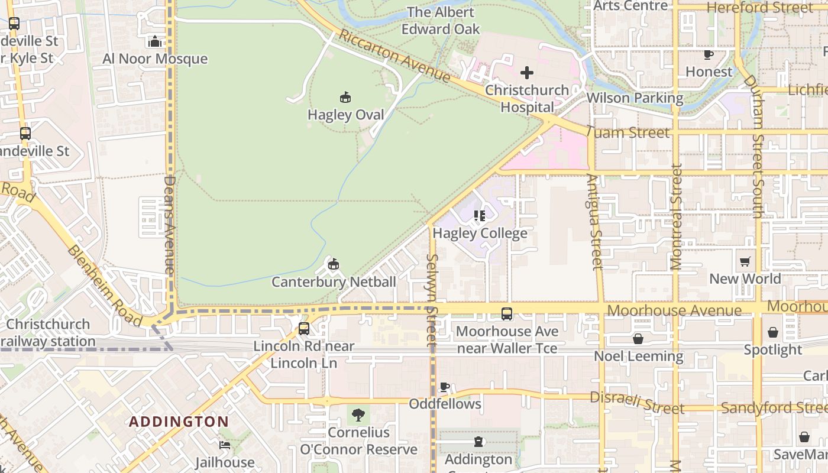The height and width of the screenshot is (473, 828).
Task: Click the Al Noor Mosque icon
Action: tap(155, 41)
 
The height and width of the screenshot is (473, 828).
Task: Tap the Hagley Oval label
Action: tap(346, 115)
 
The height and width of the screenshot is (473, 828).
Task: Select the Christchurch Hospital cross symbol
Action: tap(526, 73)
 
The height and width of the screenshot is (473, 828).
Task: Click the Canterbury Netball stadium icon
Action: tap(334, 264)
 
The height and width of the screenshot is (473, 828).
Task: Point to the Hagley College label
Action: tap(480, 234)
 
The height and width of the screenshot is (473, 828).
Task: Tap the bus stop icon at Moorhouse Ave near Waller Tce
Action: tap(507, 314)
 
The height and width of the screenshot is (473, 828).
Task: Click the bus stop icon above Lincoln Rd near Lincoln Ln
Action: tap(304, 328)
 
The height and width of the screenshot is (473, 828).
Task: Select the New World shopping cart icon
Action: tap(745, 261)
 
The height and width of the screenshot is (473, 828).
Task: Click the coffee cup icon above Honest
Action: tap(708, 54)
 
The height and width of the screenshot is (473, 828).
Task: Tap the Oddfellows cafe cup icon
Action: tap(445, 387)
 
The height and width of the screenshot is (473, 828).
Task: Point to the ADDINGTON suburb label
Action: tap(179, 422)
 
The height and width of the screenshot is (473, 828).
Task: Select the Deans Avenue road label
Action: tap(170, 225)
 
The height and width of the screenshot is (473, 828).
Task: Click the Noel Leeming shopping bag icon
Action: tap(638, 339)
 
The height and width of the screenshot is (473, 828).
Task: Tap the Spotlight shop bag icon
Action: tap(772, 332)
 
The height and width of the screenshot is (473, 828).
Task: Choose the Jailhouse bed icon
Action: tap(225, 445)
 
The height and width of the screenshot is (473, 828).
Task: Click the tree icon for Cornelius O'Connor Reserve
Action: tap(358, 414)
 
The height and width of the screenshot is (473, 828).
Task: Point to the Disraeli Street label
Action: tap(637, 403)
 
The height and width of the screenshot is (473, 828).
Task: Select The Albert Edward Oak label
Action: tap(441, 20)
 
